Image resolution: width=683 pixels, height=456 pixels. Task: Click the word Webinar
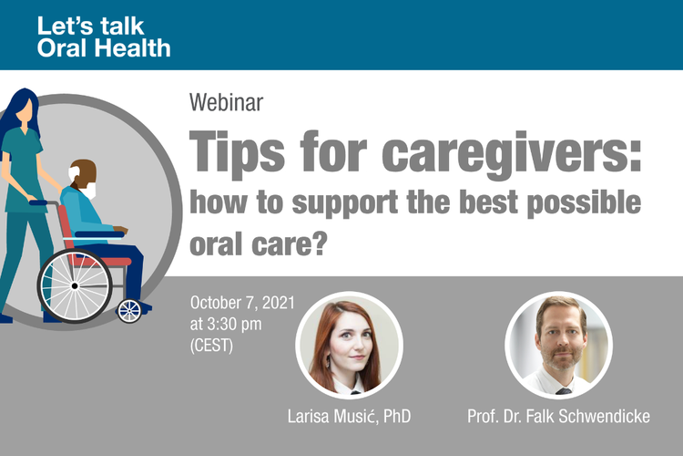pos(226,102)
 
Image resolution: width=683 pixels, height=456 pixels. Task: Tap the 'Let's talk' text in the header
pos(90,26)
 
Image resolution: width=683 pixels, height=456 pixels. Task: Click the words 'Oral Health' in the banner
pos(104,47)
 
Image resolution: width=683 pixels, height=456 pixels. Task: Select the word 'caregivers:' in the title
pos(512,154)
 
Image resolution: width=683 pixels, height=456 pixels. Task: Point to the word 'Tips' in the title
pos(237,154)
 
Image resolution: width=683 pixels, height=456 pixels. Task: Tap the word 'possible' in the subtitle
pos(584,203)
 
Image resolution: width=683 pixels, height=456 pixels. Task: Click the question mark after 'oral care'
pos(320,244)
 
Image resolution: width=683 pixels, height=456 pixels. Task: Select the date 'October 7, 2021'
pos(242,303)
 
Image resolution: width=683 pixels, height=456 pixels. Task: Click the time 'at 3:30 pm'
pos(226,325)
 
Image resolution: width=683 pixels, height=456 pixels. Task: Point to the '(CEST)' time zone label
pos(211,346)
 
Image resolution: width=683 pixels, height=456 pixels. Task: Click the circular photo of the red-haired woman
pos(349,345)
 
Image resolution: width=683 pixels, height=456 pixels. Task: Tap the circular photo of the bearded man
pos(558,345)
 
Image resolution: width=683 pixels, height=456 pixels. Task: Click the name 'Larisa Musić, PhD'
pos(349,416)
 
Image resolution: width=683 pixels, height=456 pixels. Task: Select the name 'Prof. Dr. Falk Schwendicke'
pos(558,416)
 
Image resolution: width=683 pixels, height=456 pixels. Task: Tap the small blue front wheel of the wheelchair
pos(129,311)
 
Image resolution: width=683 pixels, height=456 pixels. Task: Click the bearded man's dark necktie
pos(563,391)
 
